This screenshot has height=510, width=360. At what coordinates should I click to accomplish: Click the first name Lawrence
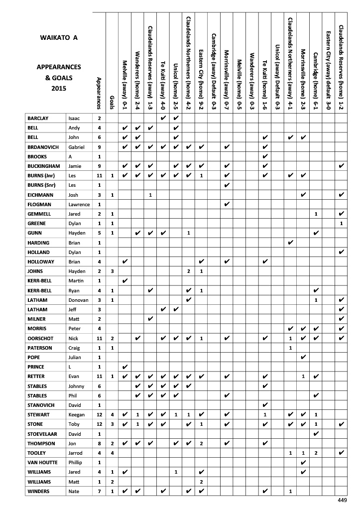pyautogui.click(x=79, y=204)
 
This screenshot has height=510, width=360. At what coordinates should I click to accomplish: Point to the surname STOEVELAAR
pyautogui.click(x=45, y=433)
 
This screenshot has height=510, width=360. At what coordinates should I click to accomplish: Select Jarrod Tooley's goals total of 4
pyautogui.click(x=113, y=452)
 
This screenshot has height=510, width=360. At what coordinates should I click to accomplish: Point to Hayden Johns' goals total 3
pyautogui.click(x=113, y=271)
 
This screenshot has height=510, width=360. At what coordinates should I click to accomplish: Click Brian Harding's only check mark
pyautogui.click(x=291, y=242)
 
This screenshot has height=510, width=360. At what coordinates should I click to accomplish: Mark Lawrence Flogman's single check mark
pyautogui.click(x=227, y=204)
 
